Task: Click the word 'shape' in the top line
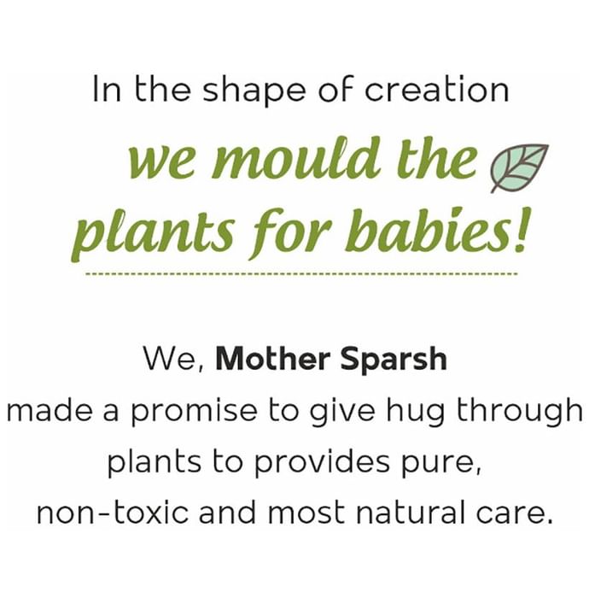[254, 91]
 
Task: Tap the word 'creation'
[436, 89]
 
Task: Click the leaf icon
[519, 167]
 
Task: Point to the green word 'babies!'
[436, 230]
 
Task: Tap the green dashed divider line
[301, 274]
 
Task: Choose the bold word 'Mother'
[273, 359]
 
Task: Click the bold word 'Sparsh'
[394, 360]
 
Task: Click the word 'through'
[520, 411]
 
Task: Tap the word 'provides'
[323, 463]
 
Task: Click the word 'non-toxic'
[113, 513]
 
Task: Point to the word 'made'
[50, 411]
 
